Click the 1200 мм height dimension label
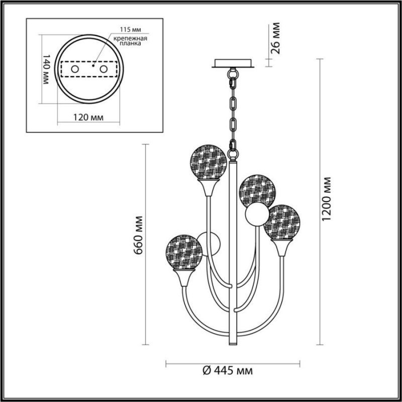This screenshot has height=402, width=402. coord(327,198)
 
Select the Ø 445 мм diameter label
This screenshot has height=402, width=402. coord(228,370)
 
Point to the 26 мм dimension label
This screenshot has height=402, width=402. coord(275,38)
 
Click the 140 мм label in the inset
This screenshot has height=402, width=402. coord(46,69)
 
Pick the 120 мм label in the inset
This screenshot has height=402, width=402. coord(88,118)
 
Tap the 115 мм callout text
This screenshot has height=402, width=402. coord(131,30)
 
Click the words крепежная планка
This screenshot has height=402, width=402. coord(131,41)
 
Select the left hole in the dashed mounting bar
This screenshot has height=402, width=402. coord(75,69)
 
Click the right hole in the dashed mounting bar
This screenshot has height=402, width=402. coord(104,69)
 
